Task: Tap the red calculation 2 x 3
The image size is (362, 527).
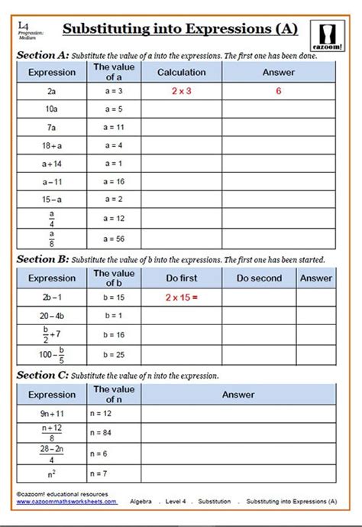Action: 181,90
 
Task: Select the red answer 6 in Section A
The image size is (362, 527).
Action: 278,90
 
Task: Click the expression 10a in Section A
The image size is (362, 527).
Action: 51,109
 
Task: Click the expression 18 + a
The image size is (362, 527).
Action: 51,145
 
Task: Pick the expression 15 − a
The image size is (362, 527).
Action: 51,200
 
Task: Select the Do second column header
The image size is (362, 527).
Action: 259,278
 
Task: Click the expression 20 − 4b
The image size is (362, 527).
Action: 51,314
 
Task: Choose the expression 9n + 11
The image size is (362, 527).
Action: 51,413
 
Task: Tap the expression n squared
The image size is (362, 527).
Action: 51,474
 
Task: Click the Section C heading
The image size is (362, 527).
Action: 41,376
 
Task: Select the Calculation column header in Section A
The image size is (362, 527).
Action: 181,73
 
